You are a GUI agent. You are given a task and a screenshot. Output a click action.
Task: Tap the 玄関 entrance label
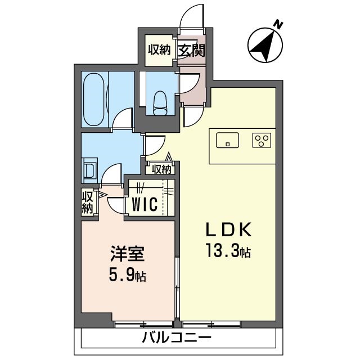coord(191,50)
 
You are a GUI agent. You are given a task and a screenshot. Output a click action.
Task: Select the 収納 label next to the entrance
coord(159,50)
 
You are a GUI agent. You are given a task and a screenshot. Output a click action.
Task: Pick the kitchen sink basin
coord(227,139)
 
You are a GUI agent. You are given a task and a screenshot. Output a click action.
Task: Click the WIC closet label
coord(144,205)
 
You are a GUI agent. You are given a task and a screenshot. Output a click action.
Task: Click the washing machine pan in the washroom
coord(89,170)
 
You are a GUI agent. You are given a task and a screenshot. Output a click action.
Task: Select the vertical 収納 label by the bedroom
coord(87,202)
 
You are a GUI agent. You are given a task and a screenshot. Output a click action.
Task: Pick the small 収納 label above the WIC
coord(161,168)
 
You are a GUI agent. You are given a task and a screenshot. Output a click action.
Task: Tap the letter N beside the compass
coord(277,24)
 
